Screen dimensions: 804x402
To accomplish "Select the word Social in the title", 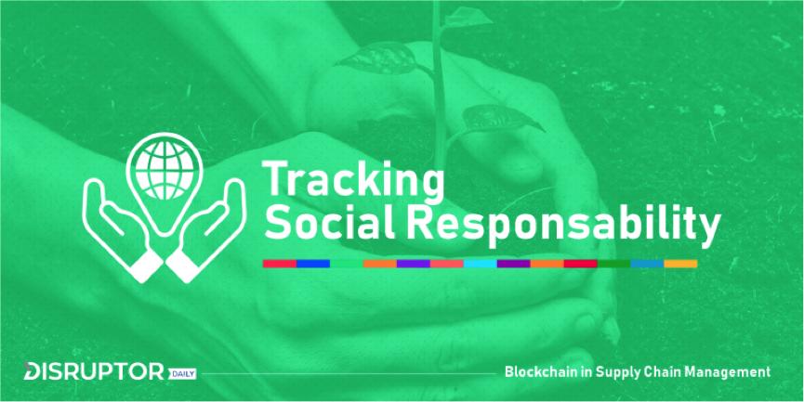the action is [x=329, y=223].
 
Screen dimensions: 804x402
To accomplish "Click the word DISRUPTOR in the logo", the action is [x=94, y=371].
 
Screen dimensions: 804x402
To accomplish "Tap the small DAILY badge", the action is [x=181, y=374].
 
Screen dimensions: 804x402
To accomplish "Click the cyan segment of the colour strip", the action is [x=480, y=264].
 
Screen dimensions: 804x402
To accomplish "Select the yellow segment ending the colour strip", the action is [x=680, y=264].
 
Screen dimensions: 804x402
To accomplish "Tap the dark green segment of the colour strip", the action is [x=613, y=264].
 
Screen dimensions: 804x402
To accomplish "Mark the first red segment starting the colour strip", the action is [x=280, y=264].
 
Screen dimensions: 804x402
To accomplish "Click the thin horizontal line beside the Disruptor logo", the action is [x=349, y=373].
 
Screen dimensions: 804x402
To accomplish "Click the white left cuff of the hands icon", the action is [x=146, y=266].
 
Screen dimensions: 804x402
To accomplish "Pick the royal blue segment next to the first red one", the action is [x=313, y=264].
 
